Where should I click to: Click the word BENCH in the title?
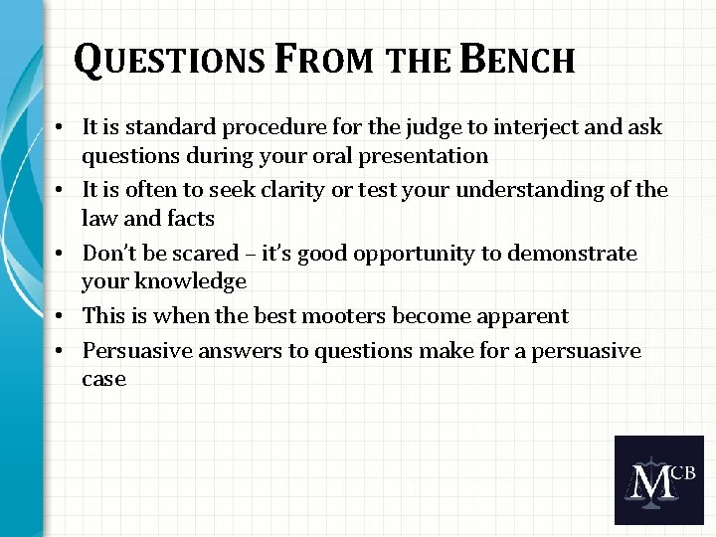(518, 60)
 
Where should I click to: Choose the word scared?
(205, 254)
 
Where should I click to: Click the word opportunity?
(419, 254)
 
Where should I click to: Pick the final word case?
(104, 379)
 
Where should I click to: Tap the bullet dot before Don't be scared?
(63, 254)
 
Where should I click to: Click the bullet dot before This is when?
(63, 316)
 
